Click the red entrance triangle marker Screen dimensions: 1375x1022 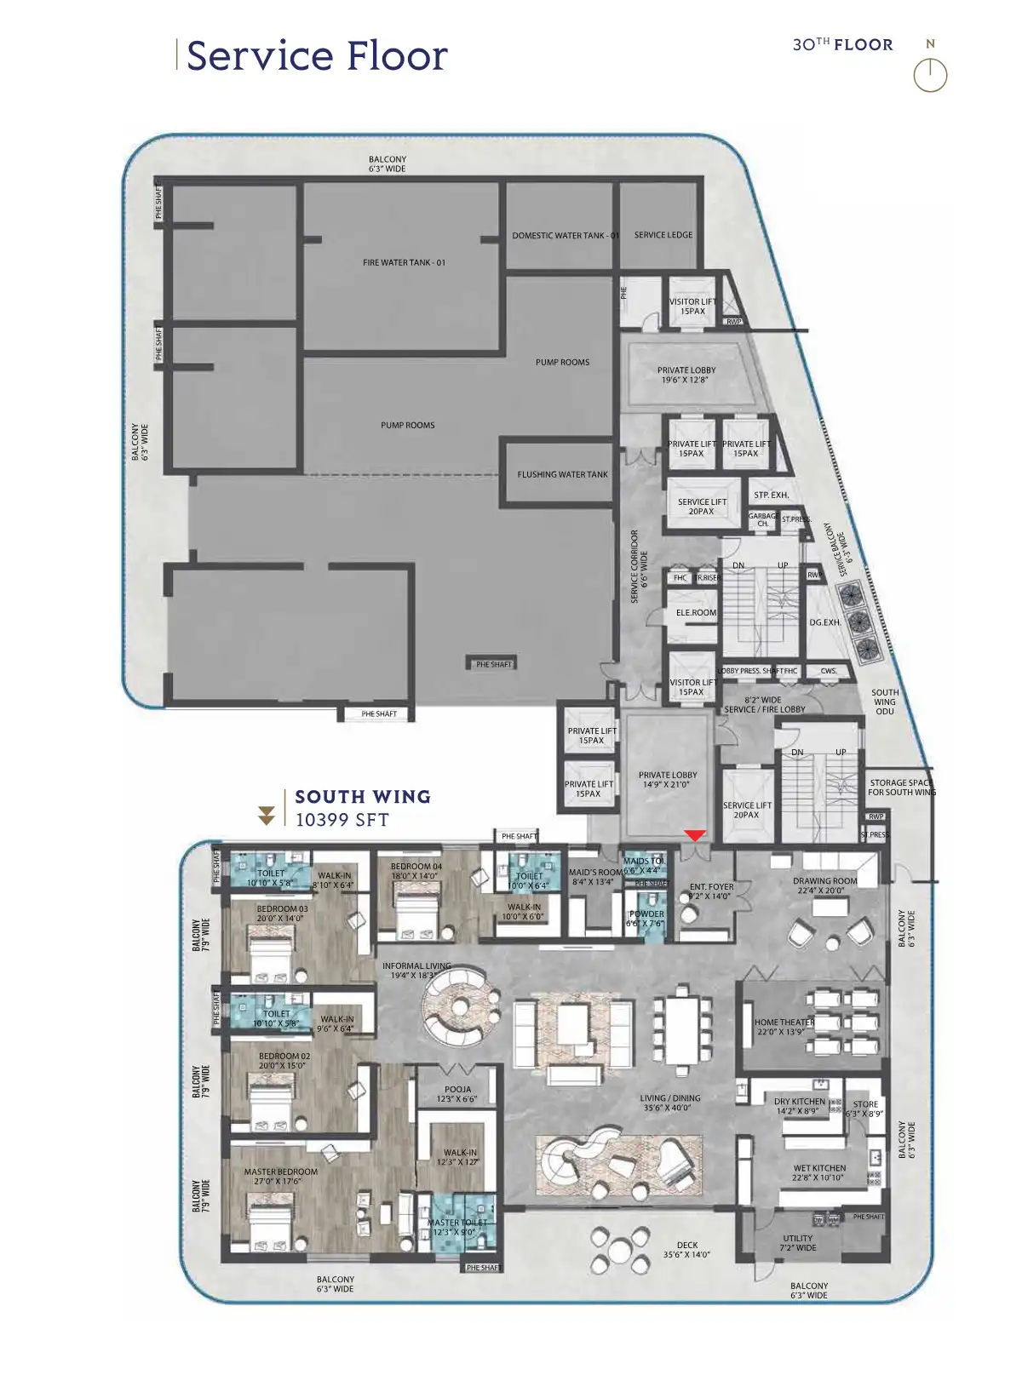pyautogui.click(x=695, y=836)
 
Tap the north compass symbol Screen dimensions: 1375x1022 pyautogui.click(x=930, y=74)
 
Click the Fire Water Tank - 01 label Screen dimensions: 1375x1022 pyautogui.click(x=404, y=262)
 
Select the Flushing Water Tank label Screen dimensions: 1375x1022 pyautogui.click(x=562, y=474)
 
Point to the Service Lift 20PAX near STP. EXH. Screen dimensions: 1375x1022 pyautogui.click(x=702, y=507)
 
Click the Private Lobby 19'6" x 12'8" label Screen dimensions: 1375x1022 pyautogui.click(x=686, y=375)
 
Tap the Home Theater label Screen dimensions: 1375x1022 pyautogui.click(x=784, y=1027)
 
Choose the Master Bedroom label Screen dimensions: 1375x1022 pyautogui.click(x=281, y=1176)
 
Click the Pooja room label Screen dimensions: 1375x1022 pyautogui.click(x=458, y=1094)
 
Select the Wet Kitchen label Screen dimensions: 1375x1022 pyautogui.click(x=819, y=1172)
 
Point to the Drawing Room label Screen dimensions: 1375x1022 pyautogui.click(x=824, y=885)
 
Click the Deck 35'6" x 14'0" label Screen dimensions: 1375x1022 pyautogui.click(x=686, y=1249)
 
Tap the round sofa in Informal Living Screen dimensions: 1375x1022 pyautogui.click(x=459, y=1008)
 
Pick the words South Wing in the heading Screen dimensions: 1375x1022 pyautogui.click(x=363, y=797)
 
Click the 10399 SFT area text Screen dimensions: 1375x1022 pyautogui.click(x=342, y=820)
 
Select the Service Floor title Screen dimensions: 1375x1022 pyautogui.click(x=317, y=56)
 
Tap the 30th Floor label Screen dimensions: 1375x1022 pyautogui.click(x=842, y=44)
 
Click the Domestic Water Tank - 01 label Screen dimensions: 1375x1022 pyautogui.click(x=565, y=235)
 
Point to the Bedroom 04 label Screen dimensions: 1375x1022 pyautogui.click(x=416, y=870)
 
